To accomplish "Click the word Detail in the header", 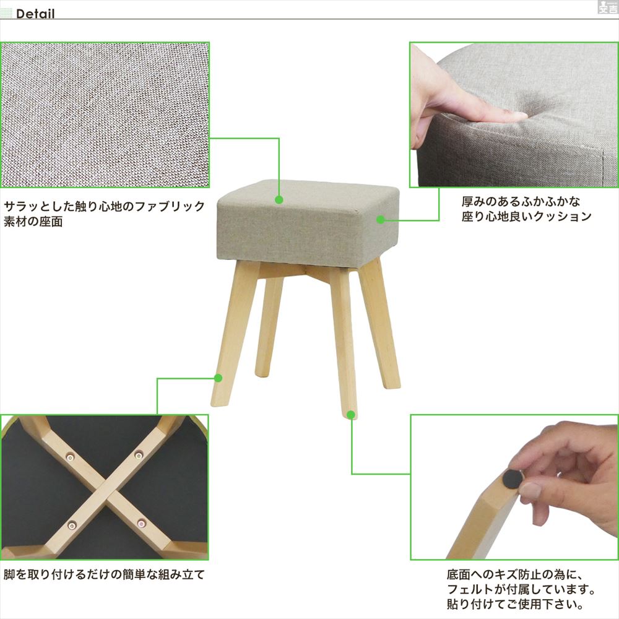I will (35, 14).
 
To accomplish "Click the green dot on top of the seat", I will (279, 200).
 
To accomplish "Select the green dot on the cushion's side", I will (381, 219).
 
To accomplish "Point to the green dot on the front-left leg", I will (218, 377).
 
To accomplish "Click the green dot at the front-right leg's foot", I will (352, 413).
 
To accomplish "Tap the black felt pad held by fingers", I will (512, 477).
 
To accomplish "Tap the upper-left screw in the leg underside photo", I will (70, 457).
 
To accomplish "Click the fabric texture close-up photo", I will (105, 115).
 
